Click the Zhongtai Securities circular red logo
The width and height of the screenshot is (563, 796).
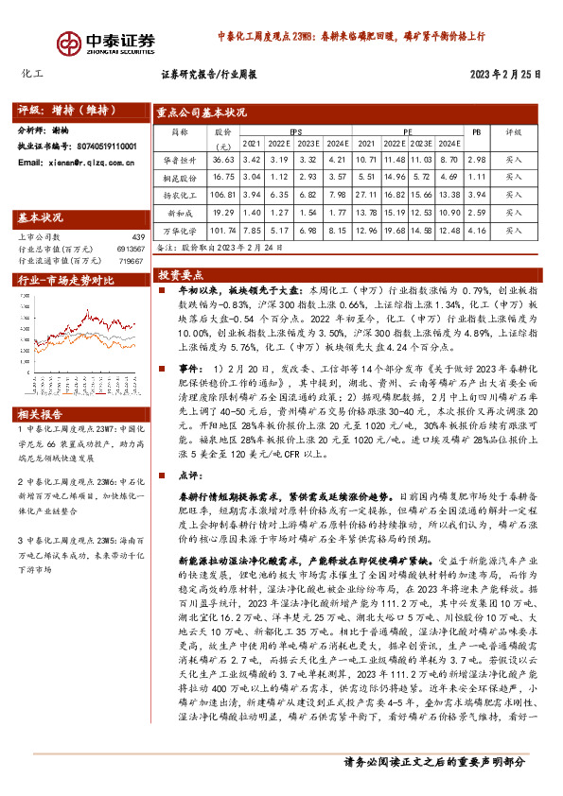click(x=67, y=43)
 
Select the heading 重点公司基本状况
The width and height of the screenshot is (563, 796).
click(x=201, y=113)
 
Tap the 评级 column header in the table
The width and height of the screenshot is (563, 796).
click(x=513, y=133)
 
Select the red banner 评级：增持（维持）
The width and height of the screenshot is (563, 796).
click(x=61, y=109)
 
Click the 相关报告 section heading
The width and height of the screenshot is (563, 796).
click(x=41, y=389)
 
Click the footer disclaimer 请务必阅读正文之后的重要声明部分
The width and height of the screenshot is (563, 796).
click(x=433, y=786)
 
